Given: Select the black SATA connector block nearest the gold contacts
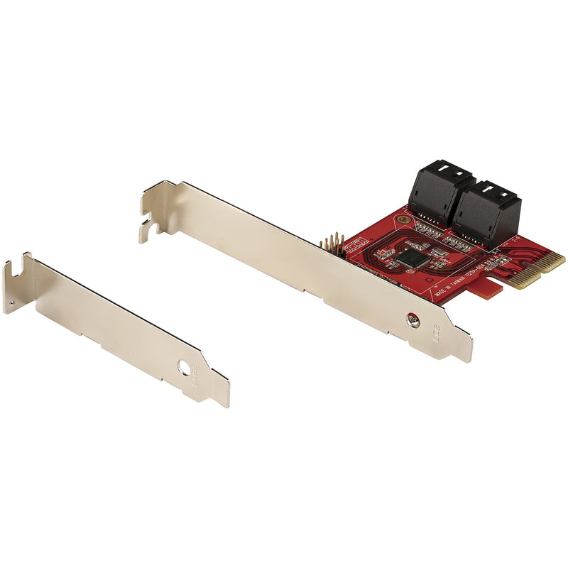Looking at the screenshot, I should click(486, 210).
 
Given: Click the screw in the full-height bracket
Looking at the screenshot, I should click(413, 321).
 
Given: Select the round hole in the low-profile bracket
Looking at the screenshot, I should click(185, 369).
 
